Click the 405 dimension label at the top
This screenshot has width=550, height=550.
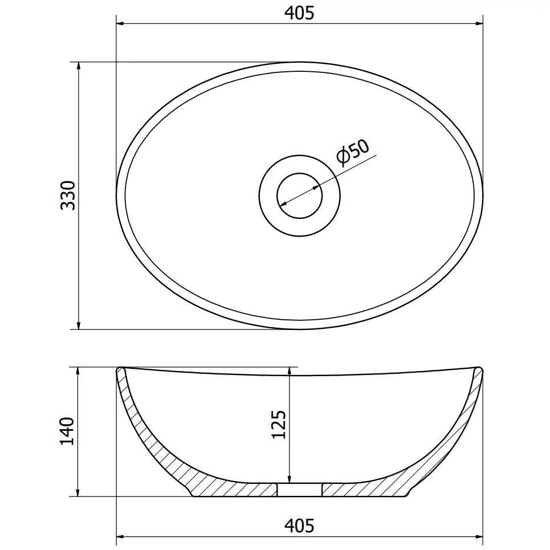click(300, 13)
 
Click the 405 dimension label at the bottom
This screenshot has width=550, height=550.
click(300, 525)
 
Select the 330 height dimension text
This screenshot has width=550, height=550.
click(68, 195)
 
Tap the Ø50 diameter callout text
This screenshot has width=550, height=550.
click(353, 152)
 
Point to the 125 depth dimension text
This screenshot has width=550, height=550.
click(279, 423)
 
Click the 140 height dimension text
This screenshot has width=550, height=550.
click(68, 431)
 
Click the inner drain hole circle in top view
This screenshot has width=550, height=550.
click(300, 196)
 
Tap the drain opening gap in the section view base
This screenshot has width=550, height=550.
click(300, 490)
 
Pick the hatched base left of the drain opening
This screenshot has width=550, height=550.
click(239, 489)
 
